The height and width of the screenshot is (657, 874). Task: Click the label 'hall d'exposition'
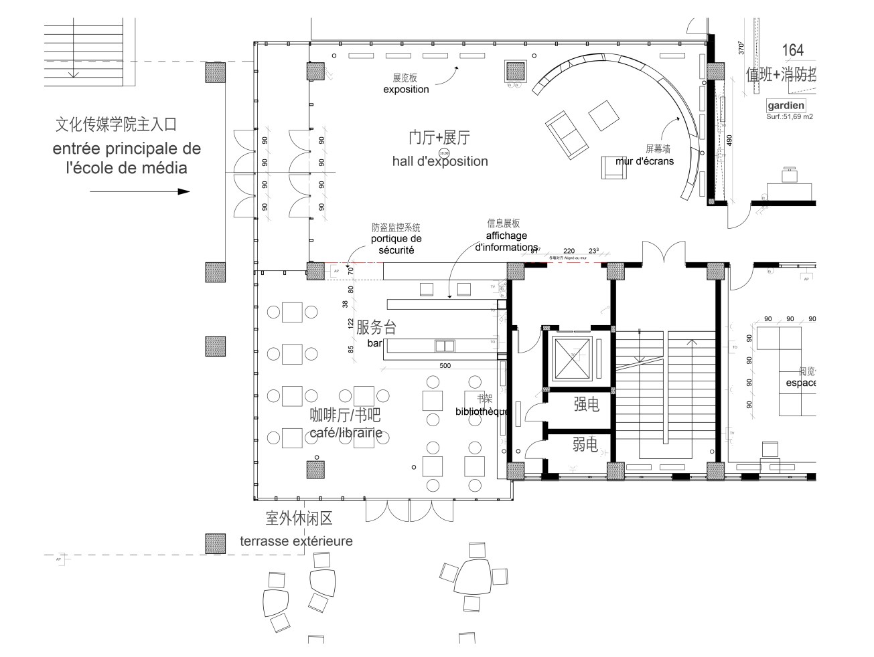pos(440,161)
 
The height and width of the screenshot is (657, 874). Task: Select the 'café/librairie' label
pos(346,433)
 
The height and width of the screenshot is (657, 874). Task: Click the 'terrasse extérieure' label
pos(296,541)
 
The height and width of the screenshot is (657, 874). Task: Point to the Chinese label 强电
pos(586,404)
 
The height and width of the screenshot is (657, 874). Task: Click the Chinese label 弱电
pos(585,444)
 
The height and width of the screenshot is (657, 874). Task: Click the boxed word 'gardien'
pos(786,106)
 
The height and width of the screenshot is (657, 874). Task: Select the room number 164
pos(792,50)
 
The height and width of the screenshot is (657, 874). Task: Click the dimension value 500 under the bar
pos(445,366)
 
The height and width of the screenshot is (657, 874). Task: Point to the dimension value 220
pos(569,251)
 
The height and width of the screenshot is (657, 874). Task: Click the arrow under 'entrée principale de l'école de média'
pos(140,192)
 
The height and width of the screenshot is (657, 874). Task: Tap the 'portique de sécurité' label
pos(396,244)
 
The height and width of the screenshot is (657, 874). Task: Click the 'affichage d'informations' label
pos(506,242)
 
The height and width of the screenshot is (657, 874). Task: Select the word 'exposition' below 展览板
pos(406,90)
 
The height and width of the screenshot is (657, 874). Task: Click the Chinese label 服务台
pos(376,327)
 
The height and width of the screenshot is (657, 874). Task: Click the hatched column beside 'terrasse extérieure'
pos(215,544)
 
